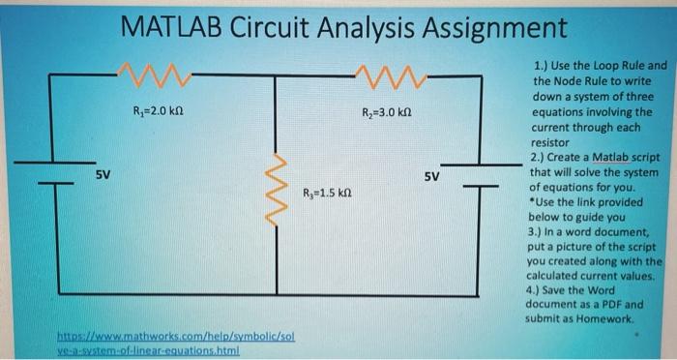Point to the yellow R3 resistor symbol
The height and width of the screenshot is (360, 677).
point(278,183)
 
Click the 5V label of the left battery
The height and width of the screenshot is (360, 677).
point(103,175)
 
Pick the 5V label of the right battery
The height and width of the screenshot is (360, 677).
point(431,177)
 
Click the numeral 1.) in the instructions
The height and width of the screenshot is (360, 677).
point(540,67)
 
